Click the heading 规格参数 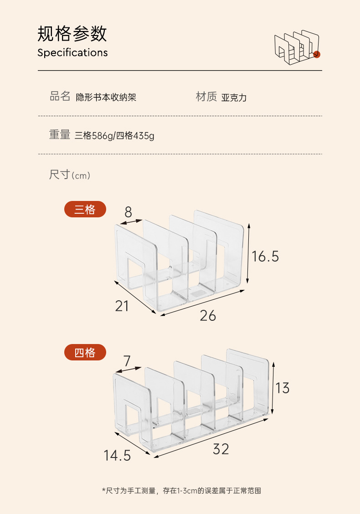click(72, 34)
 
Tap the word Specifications click(72, 52)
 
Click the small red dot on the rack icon click(317, 55)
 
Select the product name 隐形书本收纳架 click(106, 97)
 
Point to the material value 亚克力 click(234, 98)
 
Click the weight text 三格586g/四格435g click(114, 136)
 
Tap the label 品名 click(60, 96)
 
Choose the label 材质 click(206, 97)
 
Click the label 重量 click(60, 135)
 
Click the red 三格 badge click(85, 209)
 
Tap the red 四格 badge click(85, 352)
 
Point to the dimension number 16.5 click(265, 257)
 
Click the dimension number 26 click(208, 315)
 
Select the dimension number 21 click(122, 306)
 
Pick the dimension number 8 click(128, 212)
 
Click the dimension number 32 click(221, 449)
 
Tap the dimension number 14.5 click(117, 455)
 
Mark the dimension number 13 click(283, 388)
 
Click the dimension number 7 click(127, 361)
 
